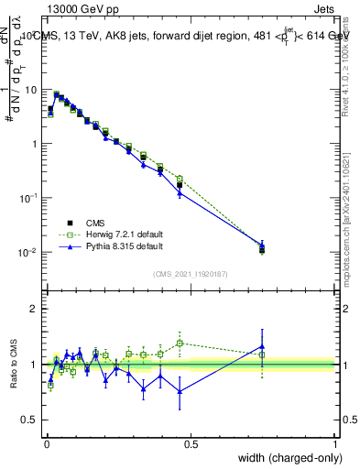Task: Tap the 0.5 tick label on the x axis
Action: coord(191,443)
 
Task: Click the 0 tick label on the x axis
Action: coord(46,443)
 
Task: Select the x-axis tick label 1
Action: coord(335,443)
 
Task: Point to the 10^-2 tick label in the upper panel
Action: coord(31,253)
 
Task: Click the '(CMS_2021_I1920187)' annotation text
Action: coord(190,274)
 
